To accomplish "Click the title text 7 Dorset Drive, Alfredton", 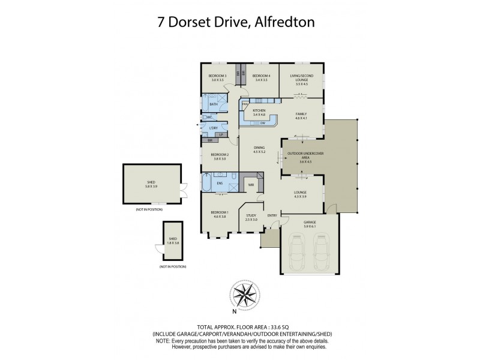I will click(240, 22).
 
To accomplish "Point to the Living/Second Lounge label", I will click(302, 78).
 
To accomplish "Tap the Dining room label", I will click(259, 149).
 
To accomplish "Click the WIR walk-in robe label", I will click(253, 185).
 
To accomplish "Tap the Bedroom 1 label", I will click(219, 214).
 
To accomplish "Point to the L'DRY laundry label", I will click(213, 128).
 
